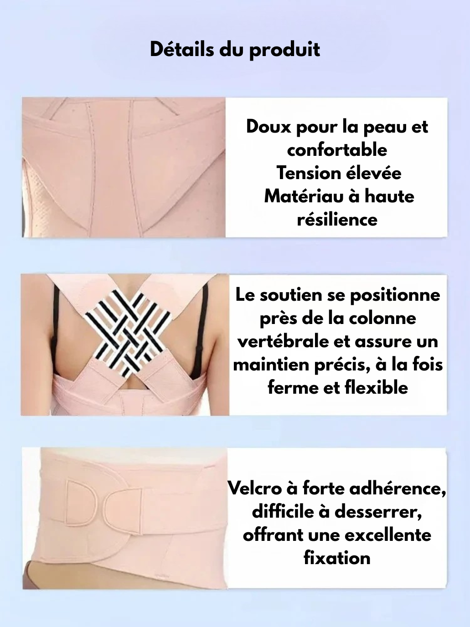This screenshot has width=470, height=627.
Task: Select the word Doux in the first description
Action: [x=269, y=127]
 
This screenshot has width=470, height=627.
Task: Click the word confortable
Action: [x=337, y=150]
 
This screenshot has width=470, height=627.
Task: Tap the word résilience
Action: [x=337, y=220]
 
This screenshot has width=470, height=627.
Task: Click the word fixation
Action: [x=337, y=558]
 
